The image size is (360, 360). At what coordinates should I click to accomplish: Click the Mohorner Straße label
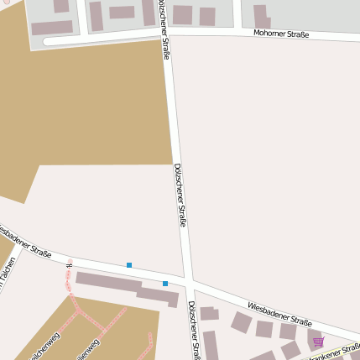coord(281,34)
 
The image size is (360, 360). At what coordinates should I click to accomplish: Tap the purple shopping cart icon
coord(318,342)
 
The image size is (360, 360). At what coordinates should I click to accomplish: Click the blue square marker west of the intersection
coord(129,265)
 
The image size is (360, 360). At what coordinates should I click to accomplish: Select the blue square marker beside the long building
coord(165,284)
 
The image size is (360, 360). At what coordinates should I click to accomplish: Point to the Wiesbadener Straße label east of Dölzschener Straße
coord(279,313)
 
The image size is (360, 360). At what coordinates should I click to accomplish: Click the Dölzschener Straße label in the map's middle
coord(179,195)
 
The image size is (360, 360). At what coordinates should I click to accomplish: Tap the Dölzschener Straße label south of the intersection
coord(193,329)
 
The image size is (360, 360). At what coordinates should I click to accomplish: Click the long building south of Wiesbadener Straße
coord(126,286)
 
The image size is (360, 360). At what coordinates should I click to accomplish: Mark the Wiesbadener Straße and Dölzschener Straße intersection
coord(190,279)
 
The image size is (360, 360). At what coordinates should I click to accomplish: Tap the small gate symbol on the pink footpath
coord(69,265)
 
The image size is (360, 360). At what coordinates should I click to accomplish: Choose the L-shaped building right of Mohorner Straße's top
coord(261,16)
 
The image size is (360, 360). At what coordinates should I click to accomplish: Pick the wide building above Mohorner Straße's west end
coord(52,28)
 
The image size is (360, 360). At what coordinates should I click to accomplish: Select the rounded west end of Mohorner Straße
coord(47,40)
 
